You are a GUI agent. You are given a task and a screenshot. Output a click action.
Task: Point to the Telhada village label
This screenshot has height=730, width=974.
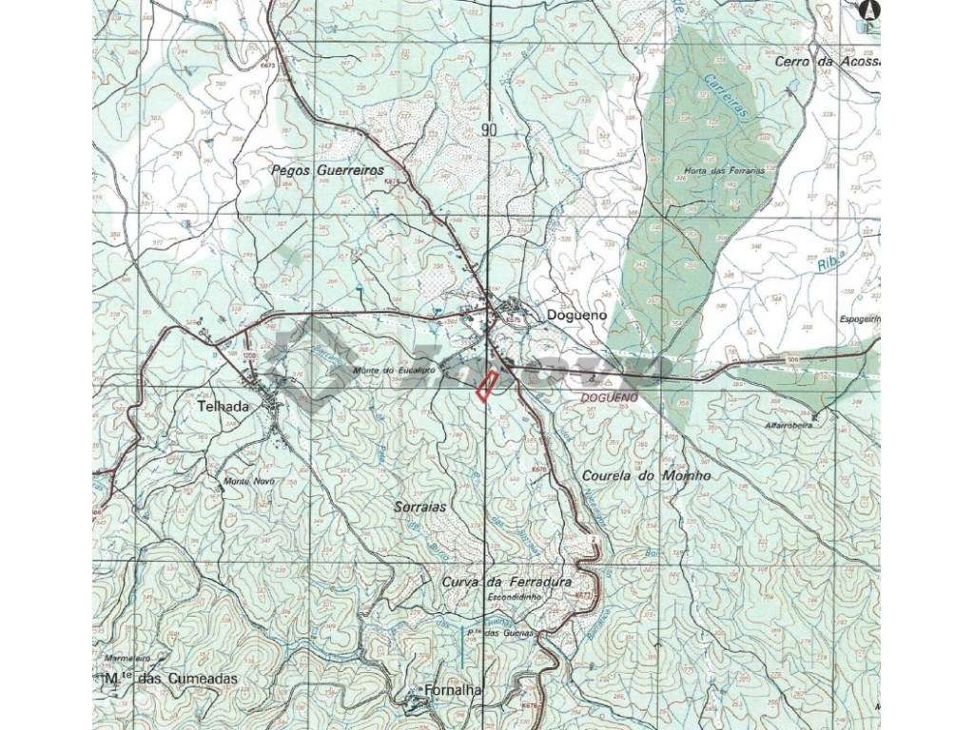[223, 406]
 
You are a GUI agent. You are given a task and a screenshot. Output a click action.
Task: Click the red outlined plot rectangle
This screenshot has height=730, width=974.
[487, 386]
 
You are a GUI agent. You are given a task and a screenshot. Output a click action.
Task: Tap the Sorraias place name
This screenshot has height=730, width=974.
[419, 507]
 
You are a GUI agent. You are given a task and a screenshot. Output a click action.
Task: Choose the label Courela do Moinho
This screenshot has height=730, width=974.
[645, 475]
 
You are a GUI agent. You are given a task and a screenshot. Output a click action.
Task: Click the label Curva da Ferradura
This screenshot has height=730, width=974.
[507, 581]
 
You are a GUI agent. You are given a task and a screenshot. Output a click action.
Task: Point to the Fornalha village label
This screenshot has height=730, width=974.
[451, 691]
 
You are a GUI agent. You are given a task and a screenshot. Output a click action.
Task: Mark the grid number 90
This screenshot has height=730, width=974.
[489, 130]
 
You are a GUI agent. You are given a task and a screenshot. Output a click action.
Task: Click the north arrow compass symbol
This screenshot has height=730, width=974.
[867, 10]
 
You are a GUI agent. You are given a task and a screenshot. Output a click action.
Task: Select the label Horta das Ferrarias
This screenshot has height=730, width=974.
[725, 172]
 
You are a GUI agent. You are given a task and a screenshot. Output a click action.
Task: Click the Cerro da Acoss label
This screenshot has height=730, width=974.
[827, 62]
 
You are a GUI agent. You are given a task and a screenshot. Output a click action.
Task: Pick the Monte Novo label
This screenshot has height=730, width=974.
[248, 482]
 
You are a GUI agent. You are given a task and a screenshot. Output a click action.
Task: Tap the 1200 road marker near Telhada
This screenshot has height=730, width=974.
[250, 355]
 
